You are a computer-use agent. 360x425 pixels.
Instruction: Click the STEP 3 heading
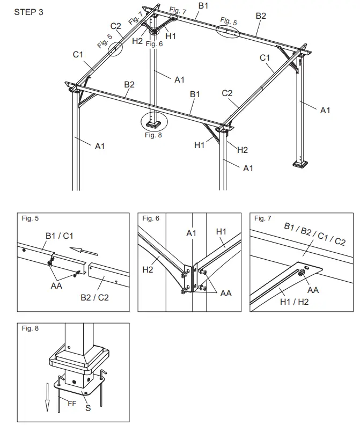[29, 12]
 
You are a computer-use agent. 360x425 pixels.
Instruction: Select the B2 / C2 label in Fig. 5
[95, 297]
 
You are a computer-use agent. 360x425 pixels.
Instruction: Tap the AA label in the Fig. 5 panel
[56, 285]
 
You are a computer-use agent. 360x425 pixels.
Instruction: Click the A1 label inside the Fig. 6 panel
[192, 233]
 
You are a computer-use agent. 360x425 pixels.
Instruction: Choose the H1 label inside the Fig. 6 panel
[222, 231]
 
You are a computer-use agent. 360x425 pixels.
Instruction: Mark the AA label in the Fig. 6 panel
[226, 294]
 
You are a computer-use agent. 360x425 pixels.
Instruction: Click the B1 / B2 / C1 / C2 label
[314, 234]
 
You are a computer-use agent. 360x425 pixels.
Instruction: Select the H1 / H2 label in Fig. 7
[295, 303]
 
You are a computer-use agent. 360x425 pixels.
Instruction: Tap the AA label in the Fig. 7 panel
[313, 290]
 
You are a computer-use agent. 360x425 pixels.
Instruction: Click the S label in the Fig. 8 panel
[88, 408]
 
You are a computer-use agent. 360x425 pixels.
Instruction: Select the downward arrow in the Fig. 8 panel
[47, 394]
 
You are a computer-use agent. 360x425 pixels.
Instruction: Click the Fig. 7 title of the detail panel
[262, 218]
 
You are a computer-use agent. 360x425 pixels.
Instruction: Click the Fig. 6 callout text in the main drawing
[153, 43]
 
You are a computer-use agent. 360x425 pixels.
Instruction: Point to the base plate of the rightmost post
[300, 164]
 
